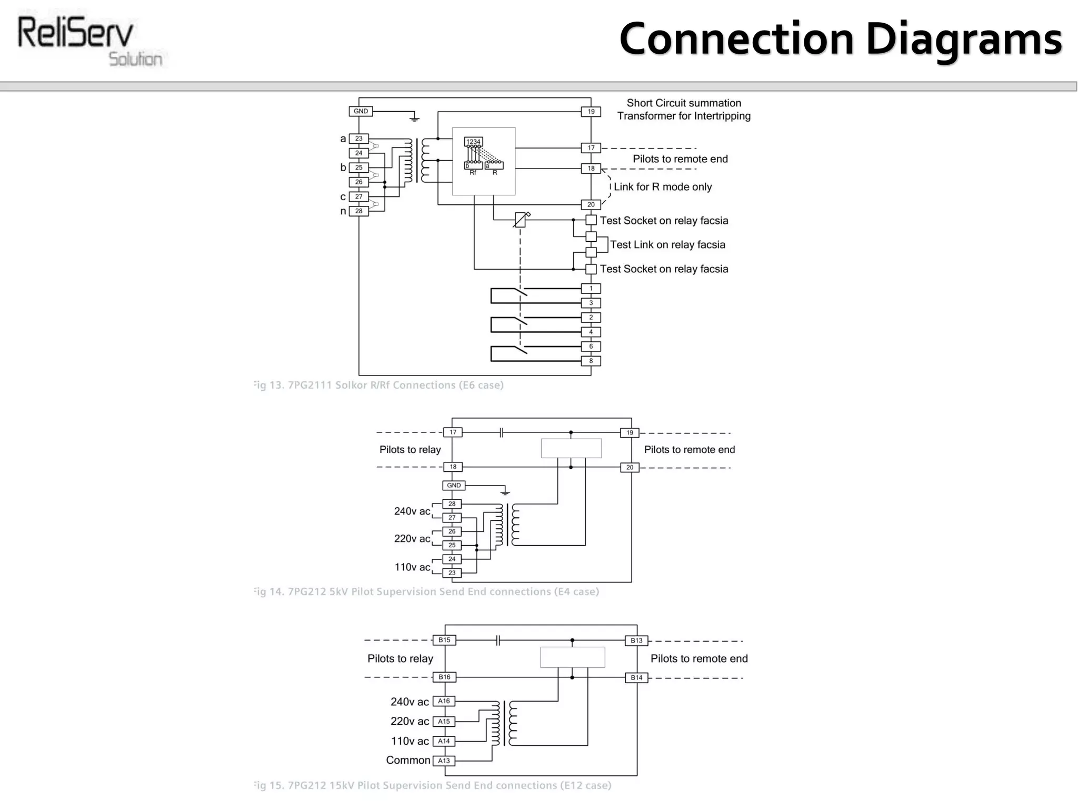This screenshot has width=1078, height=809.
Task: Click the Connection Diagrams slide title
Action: [x=840, y=39]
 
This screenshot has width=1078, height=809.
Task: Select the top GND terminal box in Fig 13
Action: [x=361, y=111]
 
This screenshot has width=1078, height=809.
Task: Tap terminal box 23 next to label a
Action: [x=358, y=139]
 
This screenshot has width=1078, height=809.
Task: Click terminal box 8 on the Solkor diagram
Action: [x=591, y=361]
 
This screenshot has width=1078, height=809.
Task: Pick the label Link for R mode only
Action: [x=662, y=187]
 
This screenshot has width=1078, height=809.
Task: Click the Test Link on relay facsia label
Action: [x=667, y=244]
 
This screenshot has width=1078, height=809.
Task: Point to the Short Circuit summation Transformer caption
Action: [x=683, y=110]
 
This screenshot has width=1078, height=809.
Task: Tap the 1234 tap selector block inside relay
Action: [x=473, y=142]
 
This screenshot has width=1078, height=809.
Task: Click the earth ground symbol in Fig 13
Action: [x=414, y=119]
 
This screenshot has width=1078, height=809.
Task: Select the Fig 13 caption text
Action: [x=378, y=385]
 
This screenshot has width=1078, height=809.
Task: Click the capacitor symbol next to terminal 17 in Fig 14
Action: [x=502, y=432]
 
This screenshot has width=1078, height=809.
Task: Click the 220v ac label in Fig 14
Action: [x=412, y=538]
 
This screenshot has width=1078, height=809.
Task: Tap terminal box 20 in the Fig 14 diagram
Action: [x=630, y=467]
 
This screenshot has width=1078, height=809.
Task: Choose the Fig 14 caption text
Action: [x=426, y=591]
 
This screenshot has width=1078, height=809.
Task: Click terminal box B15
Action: [x=444, y=640]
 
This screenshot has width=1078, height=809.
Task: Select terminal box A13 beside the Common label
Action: [x=444, y=761]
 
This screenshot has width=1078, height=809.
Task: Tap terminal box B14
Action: [x=636, y=677]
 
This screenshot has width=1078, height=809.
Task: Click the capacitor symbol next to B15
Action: [x=498, y=640]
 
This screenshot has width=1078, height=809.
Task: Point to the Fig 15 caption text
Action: [x=432, y=785]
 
